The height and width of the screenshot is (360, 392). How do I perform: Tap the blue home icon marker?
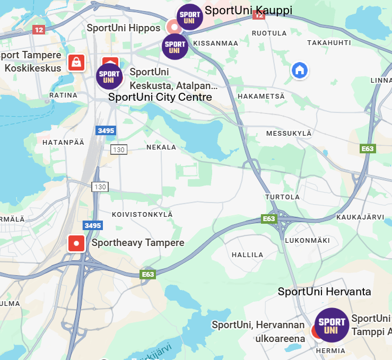tap(299, 69)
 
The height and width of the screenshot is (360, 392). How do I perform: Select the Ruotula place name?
tap(265, 33)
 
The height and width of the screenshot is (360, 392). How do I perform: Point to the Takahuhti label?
tap(329, 43)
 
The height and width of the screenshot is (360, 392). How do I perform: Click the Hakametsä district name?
tap(261, 96)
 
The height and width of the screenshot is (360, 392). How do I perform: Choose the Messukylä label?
tap(289, 133)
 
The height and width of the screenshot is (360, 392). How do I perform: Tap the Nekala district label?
tap(161, 147)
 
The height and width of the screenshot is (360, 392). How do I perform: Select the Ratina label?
tap(63, 95)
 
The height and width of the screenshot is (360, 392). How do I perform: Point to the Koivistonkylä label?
tap(142, 214)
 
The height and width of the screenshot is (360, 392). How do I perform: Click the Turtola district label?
tap(282, 197)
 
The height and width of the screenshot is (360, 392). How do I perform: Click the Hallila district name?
tap(247, 255)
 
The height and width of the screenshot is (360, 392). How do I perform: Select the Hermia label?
tap(330, 351)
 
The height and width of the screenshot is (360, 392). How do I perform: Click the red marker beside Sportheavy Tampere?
tap(76, 243)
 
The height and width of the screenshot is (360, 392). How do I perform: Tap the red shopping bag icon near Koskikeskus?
tap(76, 63)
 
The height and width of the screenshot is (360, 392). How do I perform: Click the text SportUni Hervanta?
tap(324, 292)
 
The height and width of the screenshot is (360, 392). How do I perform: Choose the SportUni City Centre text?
tap(160, 97)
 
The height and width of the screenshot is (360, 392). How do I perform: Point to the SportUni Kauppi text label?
tap(248, 11)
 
